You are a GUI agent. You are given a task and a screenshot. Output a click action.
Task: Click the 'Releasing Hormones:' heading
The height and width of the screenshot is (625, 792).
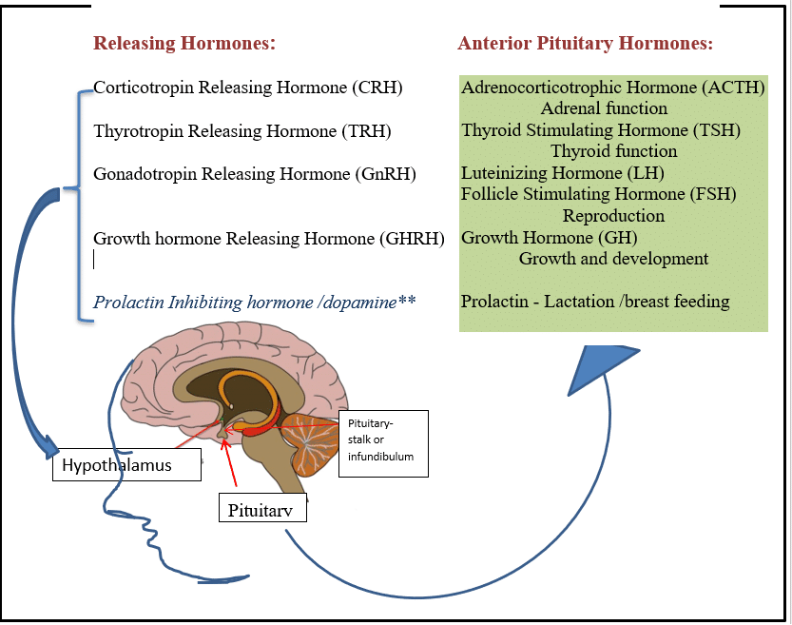tap(184, 44)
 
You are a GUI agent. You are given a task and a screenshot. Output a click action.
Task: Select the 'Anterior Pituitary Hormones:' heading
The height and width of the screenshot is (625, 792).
tap(585, 44)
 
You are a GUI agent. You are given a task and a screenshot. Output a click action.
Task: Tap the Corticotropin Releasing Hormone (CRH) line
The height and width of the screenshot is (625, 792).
tap(248, 88)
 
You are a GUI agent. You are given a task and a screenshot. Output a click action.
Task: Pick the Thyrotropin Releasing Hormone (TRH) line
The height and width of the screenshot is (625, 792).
tap(242, 130)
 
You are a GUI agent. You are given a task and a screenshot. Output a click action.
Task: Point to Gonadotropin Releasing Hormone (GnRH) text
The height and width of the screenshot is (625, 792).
tap(254, 173)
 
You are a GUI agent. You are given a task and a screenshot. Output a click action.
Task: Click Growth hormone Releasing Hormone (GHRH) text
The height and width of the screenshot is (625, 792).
tap(269, 238)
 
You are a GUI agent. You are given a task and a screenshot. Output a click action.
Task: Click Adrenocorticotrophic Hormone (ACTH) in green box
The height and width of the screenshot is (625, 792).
tap(613, 88)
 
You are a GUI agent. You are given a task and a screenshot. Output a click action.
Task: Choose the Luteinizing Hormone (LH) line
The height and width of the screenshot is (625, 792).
tap(563, 173)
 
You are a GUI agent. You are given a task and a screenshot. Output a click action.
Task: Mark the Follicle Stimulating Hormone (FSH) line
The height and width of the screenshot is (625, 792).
tap(599, 194)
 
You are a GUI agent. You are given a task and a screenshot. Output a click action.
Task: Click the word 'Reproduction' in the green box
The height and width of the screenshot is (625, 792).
tap(613, 216)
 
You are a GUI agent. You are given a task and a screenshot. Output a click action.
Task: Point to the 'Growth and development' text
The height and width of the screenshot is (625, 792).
tap(613, 259)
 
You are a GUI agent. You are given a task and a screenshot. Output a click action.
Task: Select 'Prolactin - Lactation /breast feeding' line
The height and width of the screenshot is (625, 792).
tap(595, 302)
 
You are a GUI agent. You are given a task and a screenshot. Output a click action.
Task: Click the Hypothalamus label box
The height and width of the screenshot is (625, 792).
tap(126, 464)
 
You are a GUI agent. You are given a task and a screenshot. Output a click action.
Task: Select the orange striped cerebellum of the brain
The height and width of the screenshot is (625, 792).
tap(309, 442)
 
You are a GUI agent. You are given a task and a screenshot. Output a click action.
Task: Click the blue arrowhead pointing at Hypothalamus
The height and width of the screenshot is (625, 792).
tap(48, 443)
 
